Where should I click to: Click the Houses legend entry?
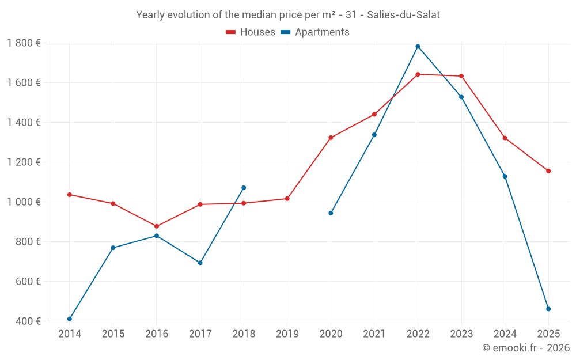[251, 32]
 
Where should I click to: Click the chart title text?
[288, 15]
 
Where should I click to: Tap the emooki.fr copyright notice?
[526, 348]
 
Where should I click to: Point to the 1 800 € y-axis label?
[24, 43]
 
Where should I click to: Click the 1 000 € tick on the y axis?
[24, 202]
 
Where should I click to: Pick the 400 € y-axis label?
[27, 321]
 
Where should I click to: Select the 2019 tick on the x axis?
[287, 334]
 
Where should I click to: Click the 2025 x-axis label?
[548, 334]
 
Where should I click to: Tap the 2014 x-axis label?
[70, 334]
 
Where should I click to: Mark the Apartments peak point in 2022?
[418, 47]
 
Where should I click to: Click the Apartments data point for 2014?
[70, 319]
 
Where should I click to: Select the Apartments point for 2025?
[548, 309]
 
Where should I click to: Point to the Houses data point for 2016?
[157, 226]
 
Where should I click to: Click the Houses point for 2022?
[418, 74]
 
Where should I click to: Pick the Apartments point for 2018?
[244, 188]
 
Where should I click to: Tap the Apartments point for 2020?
[331, 213]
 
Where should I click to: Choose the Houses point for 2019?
[287, 199]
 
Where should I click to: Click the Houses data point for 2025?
[548, 171]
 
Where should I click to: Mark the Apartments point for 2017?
[200, 263]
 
